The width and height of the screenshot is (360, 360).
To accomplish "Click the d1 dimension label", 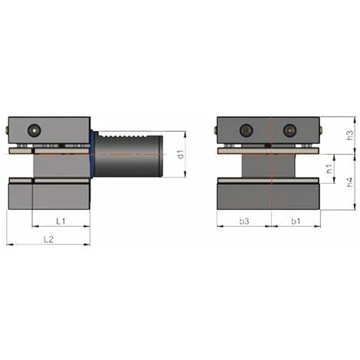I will click(182, 155).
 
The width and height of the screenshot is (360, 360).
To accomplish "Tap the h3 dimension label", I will click(349, 135).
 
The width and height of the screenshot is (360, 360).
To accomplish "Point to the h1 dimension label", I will click(328, 169).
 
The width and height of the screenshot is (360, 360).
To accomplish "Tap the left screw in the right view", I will click(245, 129).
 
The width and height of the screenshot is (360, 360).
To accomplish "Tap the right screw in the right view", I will click(289, 129).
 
